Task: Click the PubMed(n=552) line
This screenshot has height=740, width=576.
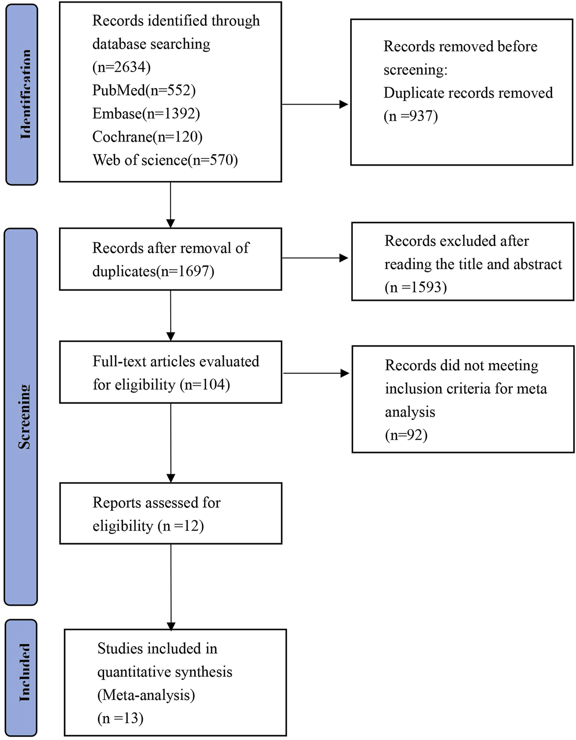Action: pos(144,90)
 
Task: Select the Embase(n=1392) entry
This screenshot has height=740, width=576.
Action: pos(146,113)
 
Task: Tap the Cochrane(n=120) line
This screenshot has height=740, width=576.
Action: pos(147,136)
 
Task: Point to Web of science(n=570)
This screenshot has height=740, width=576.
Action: pos(165,160)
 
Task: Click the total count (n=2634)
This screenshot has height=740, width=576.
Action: pos(121,67)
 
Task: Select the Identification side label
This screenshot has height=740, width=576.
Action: pos(25,94)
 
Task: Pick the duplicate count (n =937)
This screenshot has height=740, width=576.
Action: pos(410,116)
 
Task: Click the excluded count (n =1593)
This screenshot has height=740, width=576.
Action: pos(416,287)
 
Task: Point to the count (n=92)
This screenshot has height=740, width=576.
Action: pos(406,435)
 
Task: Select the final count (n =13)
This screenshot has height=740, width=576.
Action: pos(120,718)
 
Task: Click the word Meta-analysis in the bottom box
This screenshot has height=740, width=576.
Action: pos(146,695)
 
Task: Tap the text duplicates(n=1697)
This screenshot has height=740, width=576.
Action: pos(153,271)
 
